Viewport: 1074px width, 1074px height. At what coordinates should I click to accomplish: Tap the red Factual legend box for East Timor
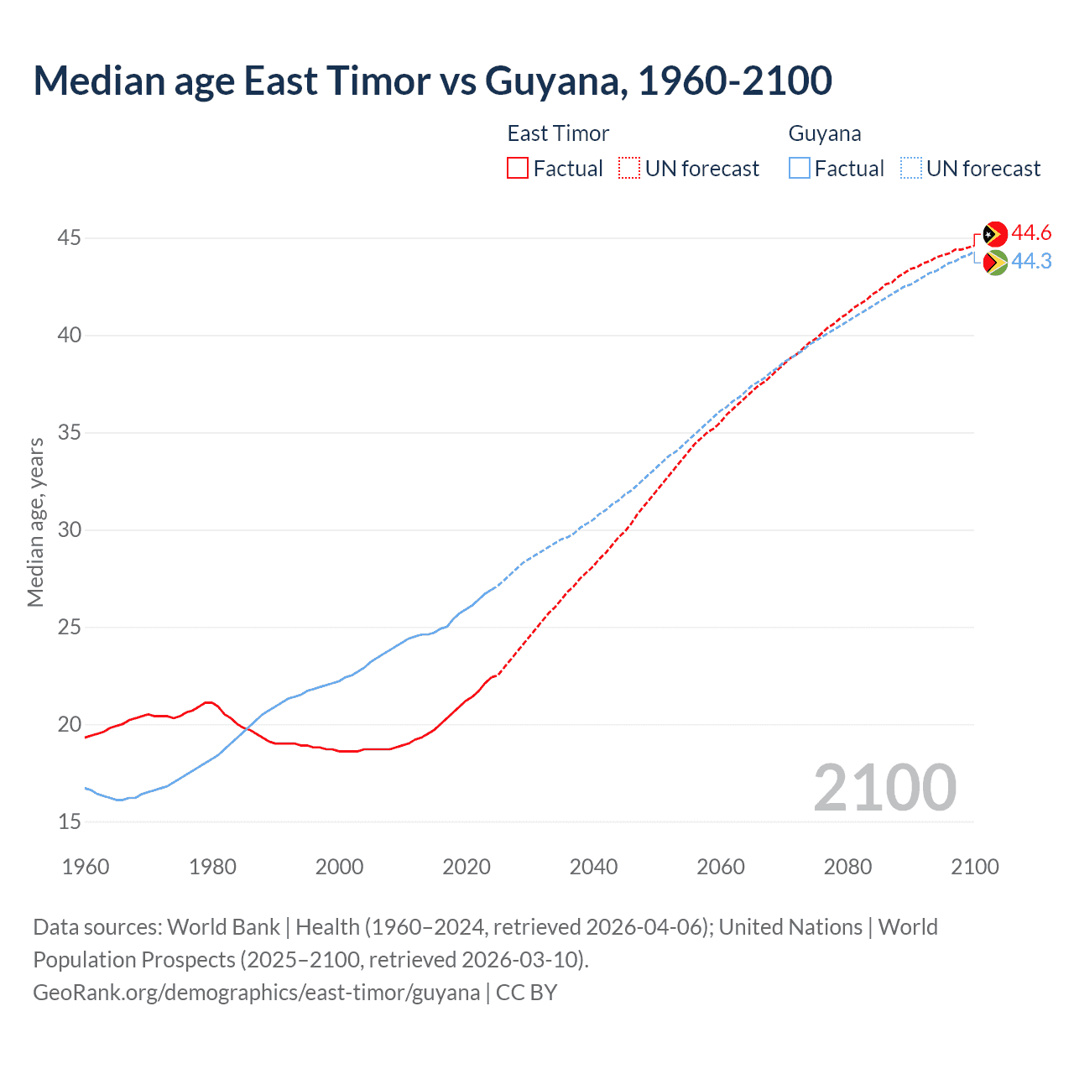518,168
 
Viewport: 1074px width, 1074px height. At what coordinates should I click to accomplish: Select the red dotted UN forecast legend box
629,168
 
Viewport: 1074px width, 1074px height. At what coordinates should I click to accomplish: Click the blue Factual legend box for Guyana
800,168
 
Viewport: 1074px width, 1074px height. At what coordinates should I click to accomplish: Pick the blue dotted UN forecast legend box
910,168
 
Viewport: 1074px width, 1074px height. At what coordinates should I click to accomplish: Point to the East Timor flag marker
995,234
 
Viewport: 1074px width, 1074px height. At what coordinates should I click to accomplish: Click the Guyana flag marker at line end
995,263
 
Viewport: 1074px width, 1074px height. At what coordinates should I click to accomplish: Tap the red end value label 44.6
1031,232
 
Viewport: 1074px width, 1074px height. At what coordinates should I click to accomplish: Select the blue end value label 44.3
1031,262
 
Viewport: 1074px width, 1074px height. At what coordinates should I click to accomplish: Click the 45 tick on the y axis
69,238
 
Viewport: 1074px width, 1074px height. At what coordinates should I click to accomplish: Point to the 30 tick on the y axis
69,530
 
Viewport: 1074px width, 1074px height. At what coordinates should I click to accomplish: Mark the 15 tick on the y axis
69,822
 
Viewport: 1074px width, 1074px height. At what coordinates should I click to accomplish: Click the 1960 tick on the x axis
86,867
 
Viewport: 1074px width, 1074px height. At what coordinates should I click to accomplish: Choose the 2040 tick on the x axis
593,867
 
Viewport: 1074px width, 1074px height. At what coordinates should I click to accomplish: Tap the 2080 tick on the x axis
847,867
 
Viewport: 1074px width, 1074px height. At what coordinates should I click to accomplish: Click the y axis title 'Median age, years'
35,522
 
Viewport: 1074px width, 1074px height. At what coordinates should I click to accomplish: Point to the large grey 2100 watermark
884,787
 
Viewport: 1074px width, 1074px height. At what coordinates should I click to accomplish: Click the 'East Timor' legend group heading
558,133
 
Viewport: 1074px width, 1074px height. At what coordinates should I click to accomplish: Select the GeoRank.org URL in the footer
256,993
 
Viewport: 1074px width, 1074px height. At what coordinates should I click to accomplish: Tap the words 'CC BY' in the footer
526,993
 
